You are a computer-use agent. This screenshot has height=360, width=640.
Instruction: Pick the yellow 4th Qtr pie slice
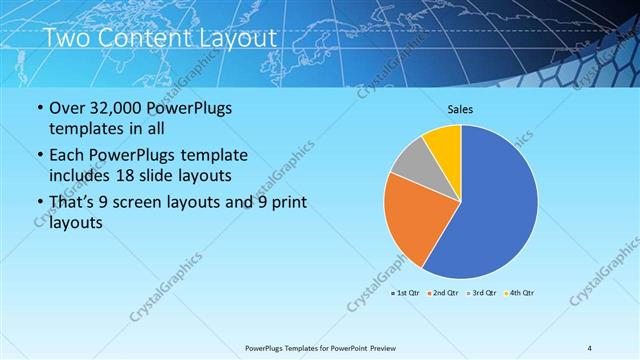click(x=443, y=142)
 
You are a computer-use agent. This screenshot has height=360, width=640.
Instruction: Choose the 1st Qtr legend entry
click(x=404, y=293)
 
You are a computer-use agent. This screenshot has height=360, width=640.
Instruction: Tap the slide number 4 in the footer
click(x=590, y=347)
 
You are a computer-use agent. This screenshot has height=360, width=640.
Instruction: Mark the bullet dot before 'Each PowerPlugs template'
click(x=40, y=156)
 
